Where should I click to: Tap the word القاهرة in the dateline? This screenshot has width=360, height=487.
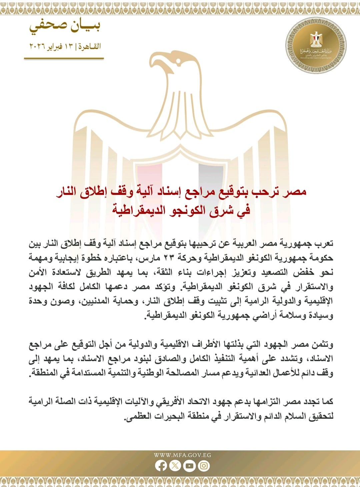tap(90, 46)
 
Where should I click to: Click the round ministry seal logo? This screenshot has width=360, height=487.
tap(315, 45)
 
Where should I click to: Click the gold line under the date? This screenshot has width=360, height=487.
tap(64, 59)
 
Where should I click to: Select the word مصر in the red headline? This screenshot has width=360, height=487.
tap(294, 192)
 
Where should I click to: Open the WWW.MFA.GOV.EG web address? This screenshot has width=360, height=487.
tap(182, 455)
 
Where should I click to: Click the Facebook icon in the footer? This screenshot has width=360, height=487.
tap(161, 466)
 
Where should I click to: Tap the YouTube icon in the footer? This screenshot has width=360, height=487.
tap(189, 466)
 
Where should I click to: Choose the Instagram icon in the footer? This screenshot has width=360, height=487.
tap(204, 466)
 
